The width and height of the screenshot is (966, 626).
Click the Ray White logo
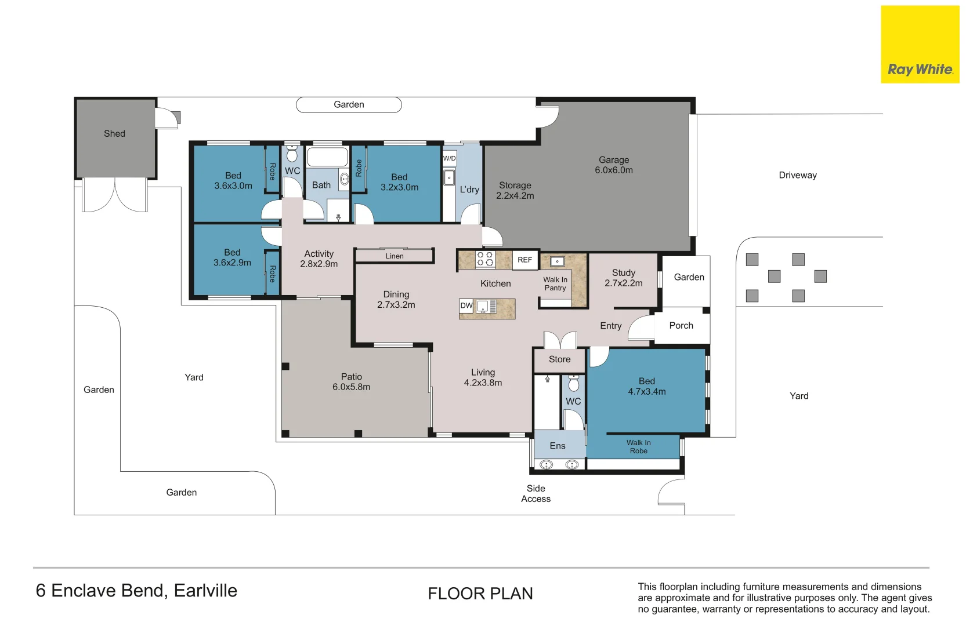920,45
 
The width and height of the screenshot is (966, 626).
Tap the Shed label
114,134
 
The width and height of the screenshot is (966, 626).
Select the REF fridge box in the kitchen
524,260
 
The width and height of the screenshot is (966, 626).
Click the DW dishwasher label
466,305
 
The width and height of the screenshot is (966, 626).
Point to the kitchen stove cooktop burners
485,259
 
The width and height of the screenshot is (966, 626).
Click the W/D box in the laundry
449,158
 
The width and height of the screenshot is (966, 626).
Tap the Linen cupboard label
395,256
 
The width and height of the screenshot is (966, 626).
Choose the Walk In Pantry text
555,283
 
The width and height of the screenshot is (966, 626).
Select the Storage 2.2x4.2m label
515,191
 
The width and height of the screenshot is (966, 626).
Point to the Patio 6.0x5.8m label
351,382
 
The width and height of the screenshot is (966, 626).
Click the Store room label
559,359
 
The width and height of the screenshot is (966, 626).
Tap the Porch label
681,326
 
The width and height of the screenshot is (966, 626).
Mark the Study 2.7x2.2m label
624,278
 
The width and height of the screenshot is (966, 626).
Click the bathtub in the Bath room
327,157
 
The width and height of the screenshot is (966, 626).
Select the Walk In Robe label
638,446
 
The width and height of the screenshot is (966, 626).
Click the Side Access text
536,494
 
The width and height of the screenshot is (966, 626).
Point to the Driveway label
797,175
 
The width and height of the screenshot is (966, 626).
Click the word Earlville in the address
205,591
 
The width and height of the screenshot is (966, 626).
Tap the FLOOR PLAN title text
480,594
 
